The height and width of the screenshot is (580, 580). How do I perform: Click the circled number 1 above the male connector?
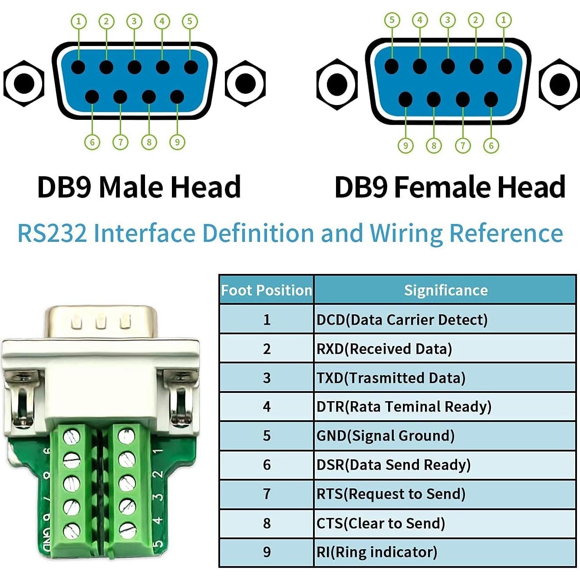pyautogui.click(x=79, y=21)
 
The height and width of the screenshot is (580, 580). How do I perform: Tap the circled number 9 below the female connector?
pyautogui.click(x=405, y=145)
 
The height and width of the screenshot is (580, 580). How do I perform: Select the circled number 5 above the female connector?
pyautogui.click(x=392, y=20)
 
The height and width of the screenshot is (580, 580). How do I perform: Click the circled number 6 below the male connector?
pyautogui.click(x=92, y=142)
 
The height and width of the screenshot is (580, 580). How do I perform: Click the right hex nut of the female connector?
pyautogui.click(x=559, y=84)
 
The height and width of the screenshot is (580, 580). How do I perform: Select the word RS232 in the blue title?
pyautogui.click(x=52, y=233)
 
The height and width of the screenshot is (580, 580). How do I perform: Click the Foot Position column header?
pyautogui.click(x=267, y=290)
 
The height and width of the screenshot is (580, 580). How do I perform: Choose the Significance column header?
pyautogui.click(x=445, y=290)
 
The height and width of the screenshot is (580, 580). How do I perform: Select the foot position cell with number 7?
pyautogui.click(x=267, y=494)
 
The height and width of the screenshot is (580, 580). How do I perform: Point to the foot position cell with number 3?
pyautogui.click(x=267, y=378)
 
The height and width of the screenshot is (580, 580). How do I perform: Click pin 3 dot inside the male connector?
pyautogui.click(x=135, y=68)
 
